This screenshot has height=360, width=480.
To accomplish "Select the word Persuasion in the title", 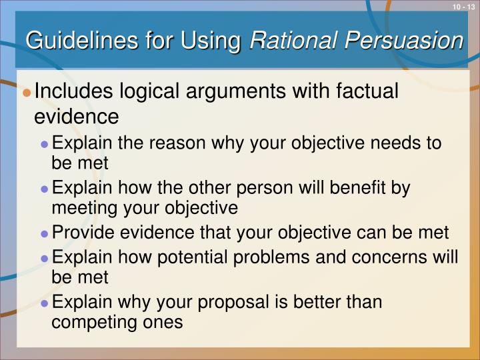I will [x=406, y=41].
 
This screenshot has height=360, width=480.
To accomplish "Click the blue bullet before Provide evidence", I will [x=45, y=234].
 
